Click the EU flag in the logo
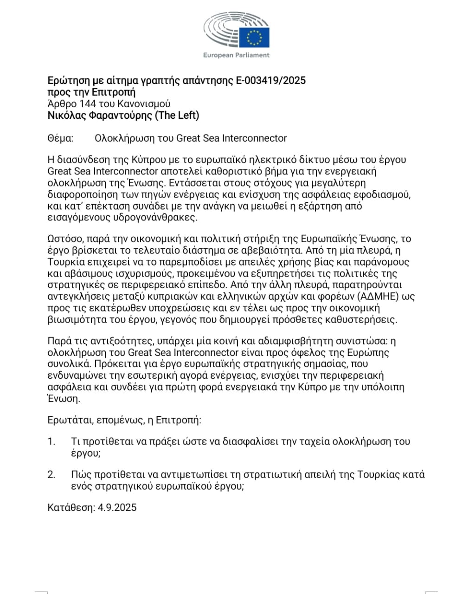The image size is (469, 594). [254, 37]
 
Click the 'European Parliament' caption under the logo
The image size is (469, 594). [236, 55]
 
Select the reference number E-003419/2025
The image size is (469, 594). [271, 81]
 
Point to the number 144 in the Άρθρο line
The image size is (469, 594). [88, 103]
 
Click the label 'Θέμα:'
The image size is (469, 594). [60, 138]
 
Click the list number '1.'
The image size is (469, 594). [51, 441]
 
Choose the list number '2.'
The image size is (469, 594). [51, 475]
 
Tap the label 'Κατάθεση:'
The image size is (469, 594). [71, 507]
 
